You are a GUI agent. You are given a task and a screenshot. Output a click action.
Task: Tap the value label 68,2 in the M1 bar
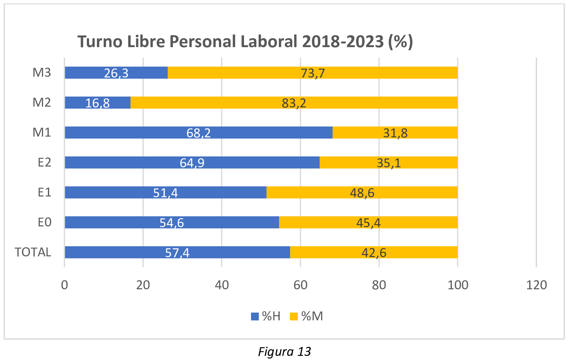tap(198, 133)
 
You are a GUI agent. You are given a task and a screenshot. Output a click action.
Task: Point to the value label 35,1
tap(389, 163)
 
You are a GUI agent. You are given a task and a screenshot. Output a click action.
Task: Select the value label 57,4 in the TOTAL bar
tap(177, 253)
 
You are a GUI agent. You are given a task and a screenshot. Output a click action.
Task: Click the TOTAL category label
tap(33, 252)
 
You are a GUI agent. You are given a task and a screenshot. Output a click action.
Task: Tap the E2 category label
tap(44, 162)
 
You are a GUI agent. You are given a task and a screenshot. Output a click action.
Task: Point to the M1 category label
tap(42, 132)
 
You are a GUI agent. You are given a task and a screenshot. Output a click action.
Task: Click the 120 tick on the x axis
tap(536, 285)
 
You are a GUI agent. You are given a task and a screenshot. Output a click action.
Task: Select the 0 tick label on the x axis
tap(64, 285)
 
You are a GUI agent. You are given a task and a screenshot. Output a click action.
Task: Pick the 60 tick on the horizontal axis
tap(300, 285)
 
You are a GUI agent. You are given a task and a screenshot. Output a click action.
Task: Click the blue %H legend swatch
tap(255, 317)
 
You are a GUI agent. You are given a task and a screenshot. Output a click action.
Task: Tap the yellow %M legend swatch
tap(294, 317)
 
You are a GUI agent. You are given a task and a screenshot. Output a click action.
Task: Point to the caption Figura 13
tap(284, 352)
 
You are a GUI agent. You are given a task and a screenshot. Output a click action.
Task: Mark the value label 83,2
tap(294, 103)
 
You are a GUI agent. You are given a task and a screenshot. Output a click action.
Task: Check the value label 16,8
tap(97, 103)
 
